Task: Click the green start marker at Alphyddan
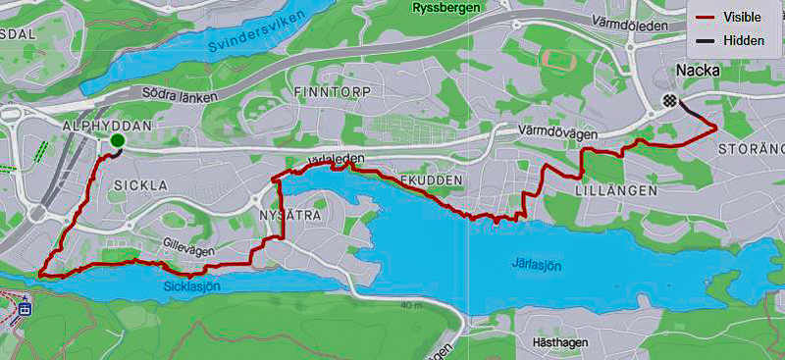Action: [x=118, y=141]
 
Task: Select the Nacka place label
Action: [x=698, y=72]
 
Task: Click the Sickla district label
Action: [x=134, y=184]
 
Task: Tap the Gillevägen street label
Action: [x=190, y=250]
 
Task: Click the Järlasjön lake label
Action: [x=539, y=264]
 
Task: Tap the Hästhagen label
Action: [x=559, y=343]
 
